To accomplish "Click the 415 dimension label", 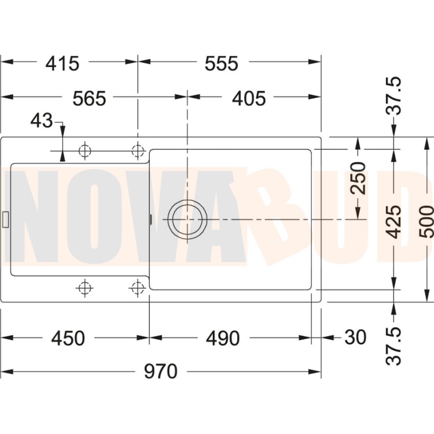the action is [x=62, y=64].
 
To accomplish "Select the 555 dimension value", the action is [x=222, y=64].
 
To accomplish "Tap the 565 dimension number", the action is [x=89, y=98].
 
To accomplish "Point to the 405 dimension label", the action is [x=249, y=98].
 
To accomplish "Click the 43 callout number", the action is [x=41, y=121].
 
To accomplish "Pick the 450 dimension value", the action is [x=68, y=338].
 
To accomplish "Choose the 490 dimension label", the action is [x=223, y=338].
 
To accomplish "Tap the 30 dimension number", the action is [x=356, y=337].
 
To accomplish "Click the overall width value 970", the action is [x=160, y=371].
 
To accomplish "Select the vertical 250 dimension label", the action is [x=358, y=178].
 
